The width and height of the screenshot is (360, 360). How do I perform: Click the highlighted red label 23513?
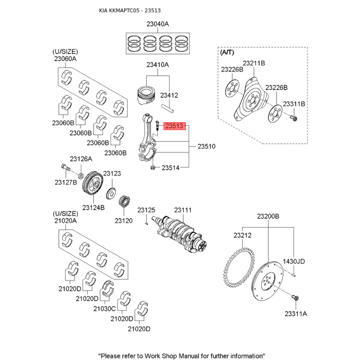coord(175,127)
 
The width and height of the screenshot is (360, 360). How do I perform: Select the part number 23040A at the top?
coord(157,24)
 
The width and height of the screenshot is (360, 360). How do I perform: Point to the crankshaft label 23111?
coord(183,210)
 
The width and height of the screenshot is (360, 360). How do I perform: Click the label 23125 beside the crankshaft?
coord(146,210)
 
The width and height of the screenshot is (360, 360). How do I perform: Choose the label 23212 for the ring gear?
coord(242,235)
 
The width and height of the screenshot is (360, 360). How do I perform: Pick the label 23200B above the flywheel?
coord(268,216)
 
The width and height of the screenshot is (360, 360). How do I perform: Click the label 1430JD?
coord(294,261)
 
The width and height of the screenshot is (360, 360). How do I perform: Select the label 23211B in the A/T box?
coord(254,63)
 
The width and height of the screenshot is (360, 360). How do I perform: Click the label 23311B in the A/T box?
coord(294,104)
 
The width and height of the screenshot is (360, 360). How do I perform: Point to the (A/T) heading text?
coord(227,53)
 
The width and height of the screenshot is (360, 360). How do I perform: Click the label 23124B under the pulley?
coord(93,207)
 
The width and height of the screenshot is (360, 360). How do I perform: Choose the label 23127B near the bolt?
coord(66,182)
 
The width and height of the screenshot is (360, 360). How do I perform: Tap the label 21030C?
coord(104,309)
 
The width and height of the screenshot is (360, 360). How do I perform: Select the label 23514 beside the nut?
coord(171,168)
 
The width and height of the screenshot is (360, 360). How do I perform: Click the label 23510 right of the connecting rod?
coord(207,147)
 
